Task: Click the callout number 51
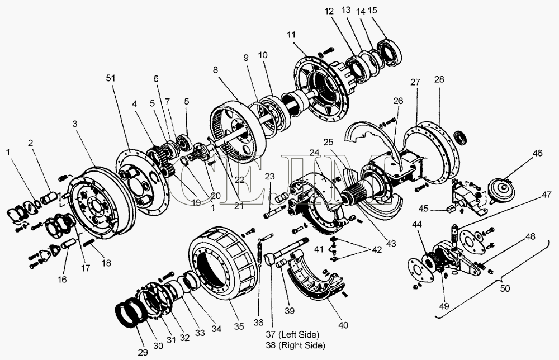click(x=111, y=78)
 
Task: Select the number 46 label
click(x=537, y=153)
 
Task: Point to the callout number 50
click(x=505, y=288)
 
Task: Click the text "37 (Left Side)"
click(x=292, y=334)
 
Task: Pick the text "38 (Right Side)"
click(x=296, y=345)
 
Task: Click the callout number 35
click(x=239, y=326)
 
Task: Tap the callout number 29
click(x=143, y=353)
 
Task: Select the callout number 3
click(x=74, y=124)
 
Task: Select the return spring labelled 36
click(x=260, y=252)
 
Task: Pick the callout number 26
click(x=398, y=101)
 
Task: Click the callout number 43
click(x=391, y=244)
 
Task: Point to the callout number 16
click(x=62, y=279)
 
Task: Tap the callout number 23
click(x=270, y=176)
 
